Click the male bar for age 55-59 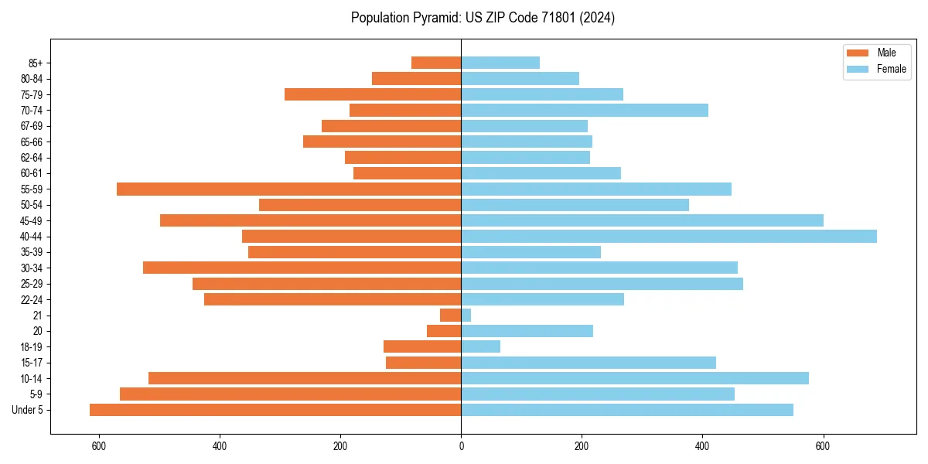(x=288, y=189)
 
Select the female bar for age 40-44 (x=669, y=237)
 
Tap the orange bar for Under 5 (x=275, y=410)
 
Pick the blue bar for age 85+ (x=500, y=63)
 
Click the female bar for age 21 (x=466, y=316)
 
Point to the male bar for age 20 (x=444, y=331)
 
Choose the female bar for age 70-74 (x=585, y=111)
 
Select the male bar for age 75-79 (x=373, y=94)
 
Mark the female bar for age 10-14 (x=635, y=378)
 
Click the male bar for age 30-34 (x=302, y=268)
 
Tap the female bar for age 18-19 (x=481, y=347)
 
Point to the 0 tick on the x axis (x=461, y=446)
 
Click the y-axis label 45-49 (x=31, y=221)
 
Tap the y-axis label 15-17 (x=31, y=363)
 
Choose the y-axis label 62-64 (x=31, y=158)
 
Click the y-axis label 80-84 (x=31, y=79)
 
